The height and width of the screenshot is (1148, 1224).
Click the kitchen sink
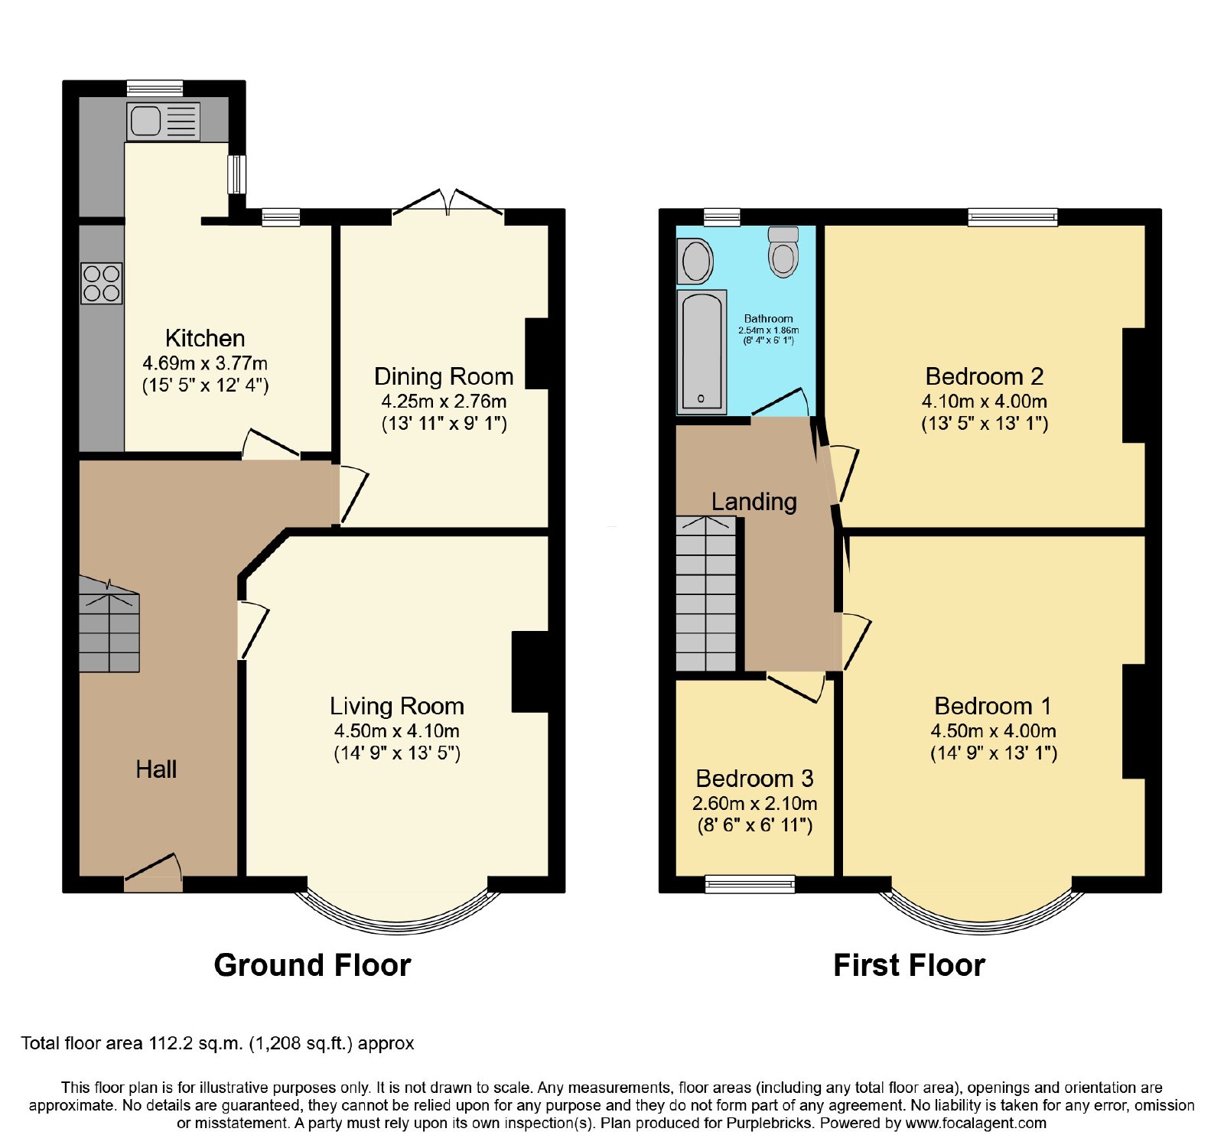163,122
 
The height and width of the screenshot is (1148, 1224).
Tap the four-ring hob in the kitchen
102,284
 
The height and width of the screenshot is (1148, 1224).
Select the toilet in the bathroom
783,252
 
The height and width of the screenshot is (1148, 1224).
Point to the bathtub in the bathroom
701,351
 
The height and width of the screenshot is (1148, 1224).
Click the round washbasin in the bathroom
695,261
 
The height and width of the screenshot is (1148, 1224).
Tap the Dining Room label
444,376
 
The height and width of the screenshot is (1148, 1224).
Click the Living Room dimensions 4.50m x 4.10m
397,730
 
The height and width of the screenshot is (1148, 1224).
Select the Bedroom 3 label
754,779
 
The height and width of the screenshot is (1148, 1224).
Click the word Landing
754,502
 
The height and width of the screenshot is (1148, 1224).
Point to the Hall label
156,769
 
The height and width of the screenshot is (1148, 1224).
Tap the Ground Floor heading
312,965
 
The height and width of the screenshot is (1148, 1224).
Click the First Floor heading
909,965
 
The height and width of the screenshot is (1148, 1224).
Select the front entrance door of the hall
153,873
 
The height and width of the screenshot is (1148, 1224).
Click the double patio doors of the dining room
448,204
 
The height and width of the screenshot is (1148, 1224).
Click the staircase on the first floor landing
706,594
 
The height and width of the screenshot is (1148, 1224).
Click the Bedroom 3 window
750,884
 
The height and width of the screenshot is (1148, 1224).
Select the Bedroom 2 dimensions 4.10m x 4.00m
985,401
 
